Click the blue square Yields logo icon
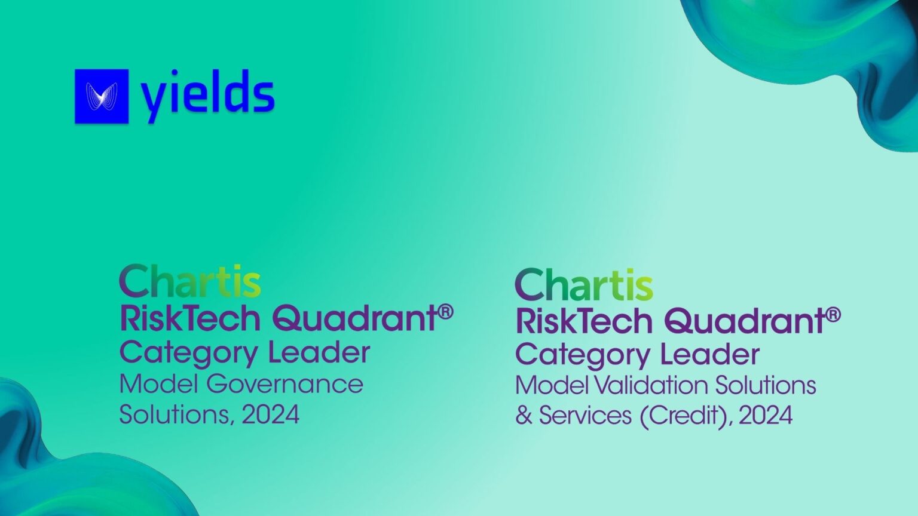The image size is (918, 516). coord(102,96)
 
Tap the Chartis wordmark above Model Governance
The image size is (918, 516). coord(190,282)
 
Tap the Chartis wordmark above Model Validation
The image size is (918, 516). coord(583,285)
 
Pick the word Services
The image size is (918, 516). coord(585,416)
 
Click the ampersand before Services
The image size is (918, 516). coord(524,416)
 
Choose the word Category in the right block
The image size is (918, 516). coord(583,355)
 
